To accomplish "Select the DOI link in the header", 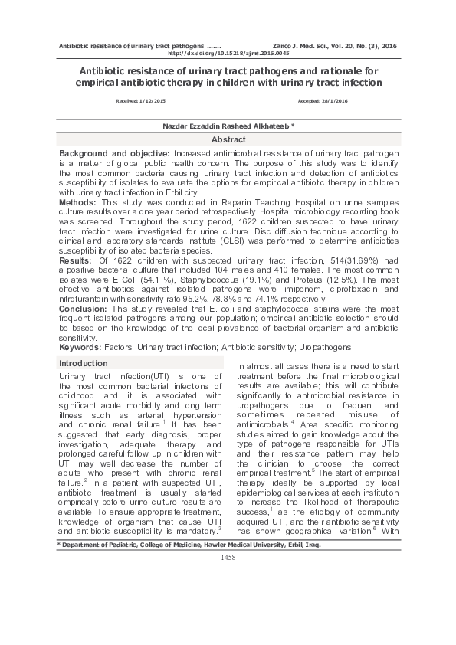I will (228, 53).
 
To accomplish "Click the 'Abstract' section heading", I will (228, 140).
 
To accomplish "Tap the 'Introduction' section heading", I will (84, 362).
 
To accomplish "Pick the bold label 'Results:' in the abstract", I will (76, 261).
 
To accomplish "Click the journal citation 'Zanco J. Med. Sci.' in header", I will (300, 46).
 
